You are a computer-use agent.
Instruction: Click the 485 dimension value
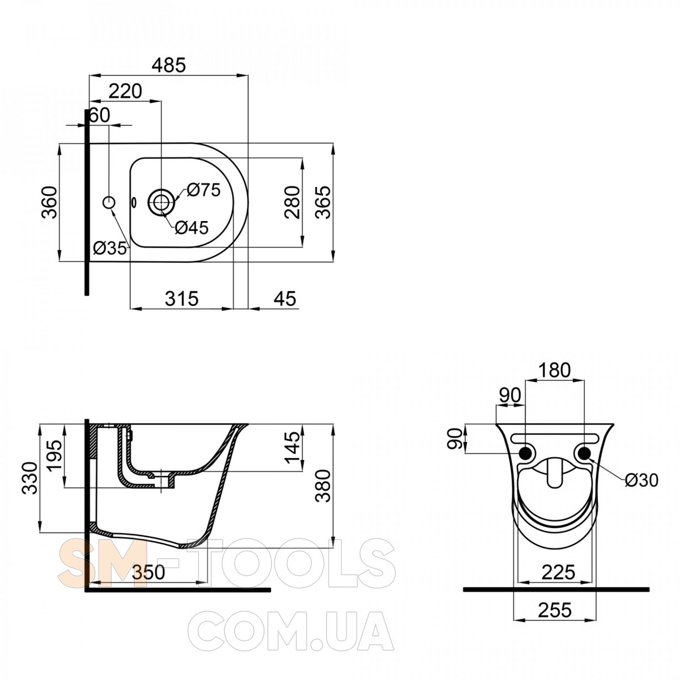[169, 65]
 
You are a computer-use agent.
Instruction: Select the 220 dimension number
[125, 91]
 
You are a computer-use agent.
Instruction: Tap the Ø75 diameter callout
[203, 190]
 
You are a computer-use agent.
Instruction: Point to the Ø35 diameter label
[110, 249]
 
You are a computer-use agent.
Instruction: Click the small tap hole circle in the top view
[109, 202]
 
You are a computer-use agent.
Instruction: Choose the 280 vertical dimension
[292, 202]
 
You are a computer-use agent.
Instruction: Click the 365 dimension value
[323, 202]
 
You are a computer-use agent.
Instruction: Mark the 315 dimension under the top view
[182, 299]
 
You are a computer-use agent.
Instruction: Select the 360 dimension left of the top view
[49, 202]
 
